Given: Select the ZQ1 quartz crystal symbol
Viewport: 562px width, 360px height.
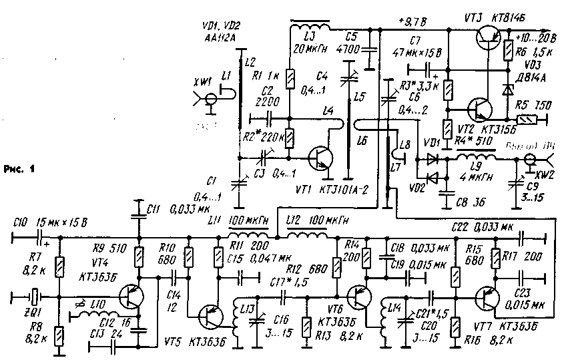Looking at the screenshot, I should [29, 295].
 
